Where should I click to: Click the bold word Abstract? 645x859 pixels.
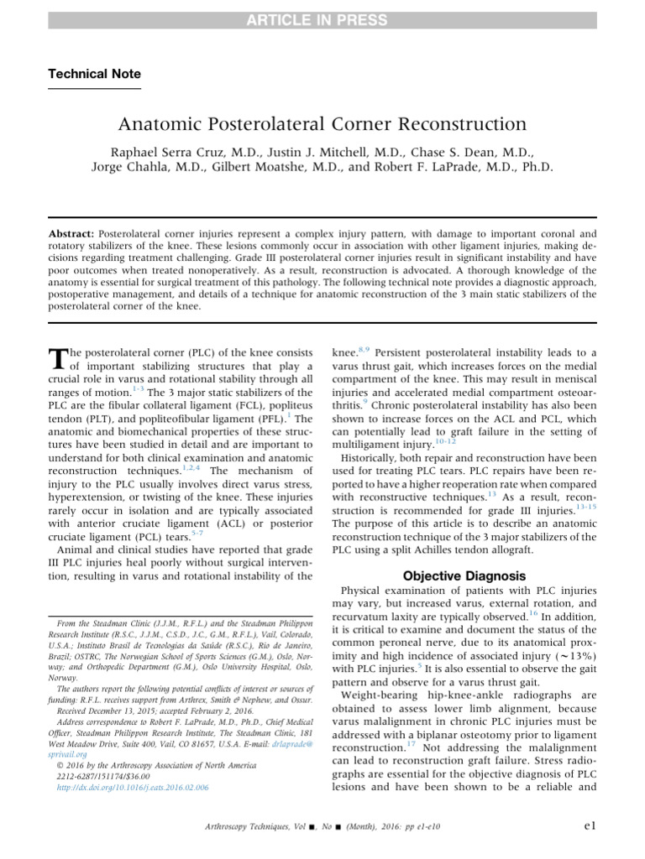pos(71,232)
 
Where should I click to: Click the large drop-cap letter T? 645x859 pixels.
pos(59,360)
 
